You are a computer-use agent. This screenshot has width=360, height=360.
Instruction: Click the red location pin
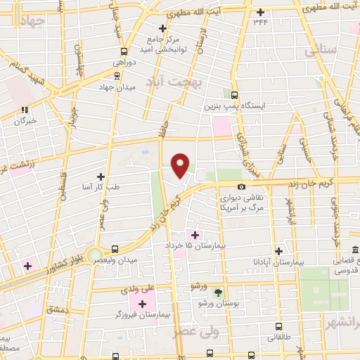pos(181,165)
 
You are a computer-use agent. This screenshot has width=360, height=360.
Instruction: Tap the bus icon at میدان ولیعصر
pos(115,249)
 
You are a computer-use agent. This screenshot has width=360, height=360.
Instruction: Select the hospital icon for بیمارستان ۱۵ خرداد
pos(195,234)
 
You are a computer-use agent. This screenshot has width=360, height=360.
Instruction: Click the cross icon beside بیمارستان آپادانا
pos(279,251)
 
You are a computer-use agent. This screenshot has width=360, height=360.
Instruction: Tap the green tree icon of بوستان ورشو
pos(217,292)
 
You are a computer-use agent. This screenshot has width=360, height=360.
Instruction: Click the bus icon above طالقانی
pos(279,327)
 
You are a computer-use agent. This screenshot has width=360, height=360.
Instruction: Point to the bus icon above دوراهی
pos(124,51)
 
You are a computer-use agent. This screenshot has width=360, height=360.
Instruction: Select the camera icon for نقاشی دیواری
pos(242,187)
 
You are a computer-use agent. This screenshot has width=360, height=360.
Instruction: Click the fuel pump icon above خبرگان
pos(25,110)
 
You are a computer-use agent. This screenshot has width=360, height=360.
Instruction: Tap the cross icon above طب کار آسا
pos(101,176)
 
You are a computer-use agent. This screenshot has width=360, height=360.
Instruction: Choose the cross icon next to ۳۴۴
pos(261,12)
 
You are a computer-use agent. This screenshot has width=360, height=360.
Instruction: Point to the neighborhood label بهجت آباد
pos(174,82)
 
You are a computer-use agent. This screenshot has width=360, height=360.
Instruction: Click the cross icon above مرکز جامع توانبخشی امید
pos(162,28)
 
